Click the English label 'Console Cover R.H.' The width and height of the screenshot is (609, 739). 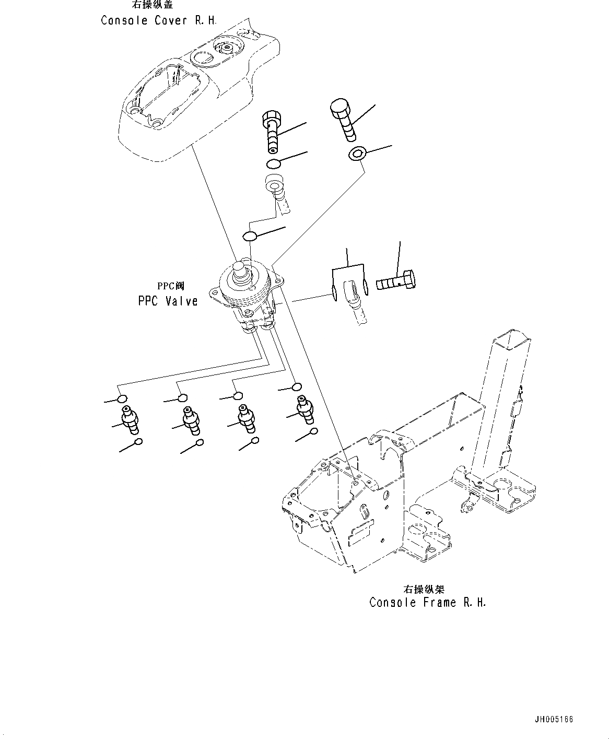tap(158, 21)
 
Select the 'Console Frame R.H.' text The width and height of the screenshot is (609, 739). tap(427, 602)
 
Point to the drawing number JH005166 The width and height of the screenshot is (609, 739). tap(553, 719)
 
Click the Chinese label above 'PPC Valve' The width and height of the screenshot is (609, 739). tap(171, 286)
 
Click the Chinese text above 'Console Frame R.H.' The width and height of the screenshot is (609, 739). tap(424, 589)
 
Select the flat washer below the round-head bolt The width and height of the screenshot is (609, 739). tap(357, 154)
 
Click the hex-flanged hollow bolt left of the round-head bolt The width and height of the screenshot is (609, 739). tap(272, 131)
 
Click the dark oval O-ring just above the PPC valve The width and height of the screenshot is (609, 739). tap(250, 236)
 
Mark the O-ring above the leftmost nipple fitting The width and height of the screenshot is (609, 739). tap(123, 399)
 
